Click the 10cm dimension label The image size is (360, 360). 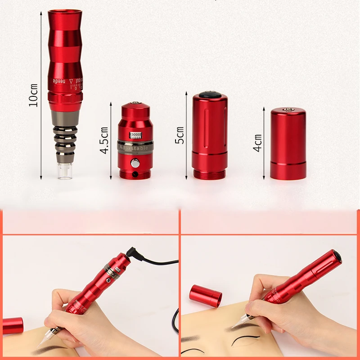[33, 95]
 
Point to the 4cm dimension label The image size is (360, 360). [257, 143]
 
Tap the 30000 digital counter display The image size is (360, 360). [135, 135]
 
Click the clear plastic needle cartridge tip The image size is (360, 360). [66, 171]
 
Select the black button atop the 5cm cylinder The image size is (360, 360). [209, 94]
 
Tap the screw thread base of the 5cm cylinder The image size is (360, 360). [209, 173]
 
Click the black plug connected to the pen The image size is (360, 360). [132, 252]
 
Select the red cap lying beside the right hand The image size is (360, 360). [205, 295]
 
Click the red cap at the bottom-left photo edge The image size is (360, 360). [12, 325]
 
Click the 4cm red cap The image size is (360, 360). [288, 144]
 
